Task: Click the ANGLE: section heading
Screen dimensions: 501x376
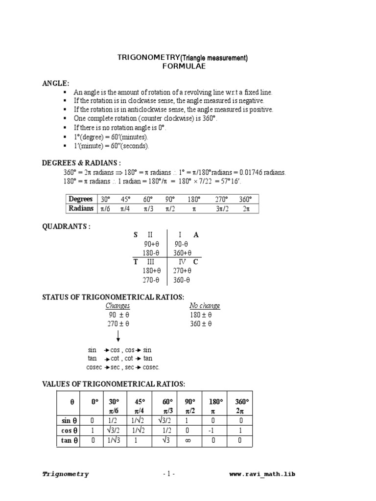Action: pyautogui.click(x=56, y=84)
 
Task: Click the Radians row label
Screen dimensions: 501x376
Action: pyautogui.click(x=81, y=209)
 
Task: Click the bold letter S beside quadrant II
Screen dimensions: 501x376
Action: pyautogui.click(x=136, y=235)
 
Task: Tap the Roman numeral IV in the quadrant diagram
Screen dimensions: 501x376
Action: pyautogui.click(x=182, y=262)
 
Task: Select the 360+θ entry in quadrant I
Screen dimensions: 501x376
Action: pyautogui.click(x=182, y=253)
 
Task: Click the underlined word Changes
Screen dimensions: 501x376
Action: pyautogui.click(x=117, y=306)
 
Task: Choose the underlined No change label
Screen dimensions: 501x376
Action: pyautogui.click(x=205, y=306)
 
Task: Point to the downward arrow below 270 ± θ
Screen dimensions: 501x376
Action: pyautogui.click(x=118, y=336)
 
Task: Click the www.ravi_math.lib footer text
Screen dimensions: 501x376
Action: pyautogui.click(x=262, y=474)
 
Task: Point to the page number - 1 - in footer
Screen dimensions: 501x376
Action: pyautogui.click(x=168, y=474)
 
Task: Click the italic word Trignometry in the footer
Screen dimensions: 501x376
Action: pyautogui.click(x=66, y=474)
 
